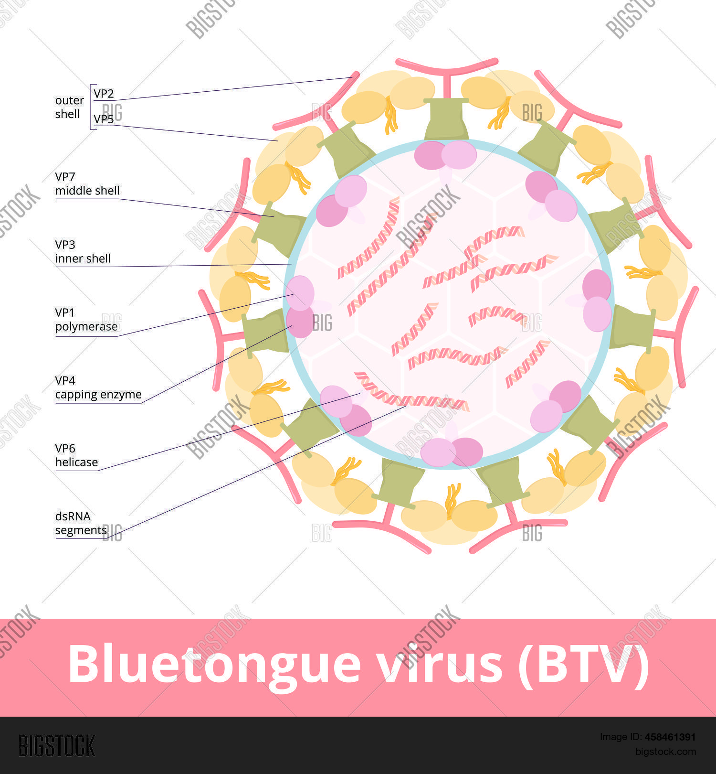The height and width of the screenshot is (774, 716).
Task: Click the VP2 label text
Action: (104, 94)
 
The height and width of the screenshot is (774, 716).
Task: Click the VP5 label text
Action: (104, 119)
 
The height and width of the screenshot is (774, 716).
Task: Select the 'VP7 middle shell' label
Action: (87, 184)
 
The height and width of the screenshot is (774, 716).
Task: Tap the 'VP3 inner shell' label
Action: (83, 252)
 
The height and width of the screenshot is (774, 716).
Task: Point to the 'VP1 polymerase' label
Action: (86, 320)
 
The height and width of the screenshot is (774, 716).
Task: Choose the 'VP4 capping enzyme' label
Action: (98, 387)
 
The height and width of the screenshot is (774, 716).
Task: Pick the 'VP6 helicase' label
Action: (76, 455)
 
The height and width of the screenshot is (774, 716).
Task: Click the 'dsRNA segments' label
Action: (81, 523)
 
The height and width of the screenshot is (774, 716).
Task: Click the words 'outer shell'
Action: (69, 107)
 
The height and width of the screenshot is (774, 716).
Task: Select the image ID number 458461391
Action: (670, 737)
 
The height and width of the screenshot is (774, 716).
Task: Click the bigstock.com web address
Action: (665, 752)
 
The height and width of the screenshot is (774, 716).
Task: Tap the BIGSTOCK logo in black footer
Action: (57, 746)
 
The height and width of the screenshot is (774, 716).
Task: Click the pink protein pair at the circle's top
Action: (445, 155)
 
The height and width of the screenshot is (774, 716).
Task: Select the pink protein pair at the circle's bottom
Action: (452, 451)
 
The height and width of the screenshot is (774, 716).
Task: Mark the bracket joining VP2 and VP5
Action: (91, 107)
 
